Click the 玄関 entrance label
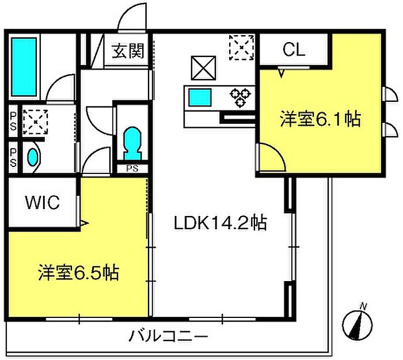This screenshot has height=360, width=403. coord(128,51)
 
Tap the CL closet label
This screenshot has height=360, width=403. coord(294,50)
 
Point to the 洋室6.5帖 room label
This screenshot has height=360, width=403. coord(79,272)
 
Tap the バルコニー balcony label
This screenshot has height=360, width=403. coord(168,335)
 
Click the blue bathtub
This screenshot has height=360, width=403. coord(24,67)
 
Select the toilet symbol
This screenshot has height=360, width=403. coord(132,142)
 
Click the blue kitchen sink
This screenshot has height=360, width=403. coord(201,97)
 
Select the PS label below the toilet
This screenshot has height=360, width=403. coord(132,168)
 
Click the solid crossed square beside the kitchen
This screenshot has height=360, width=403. coord(202,68)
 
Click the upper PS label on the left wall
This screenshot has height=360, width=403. coord(13,120)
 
